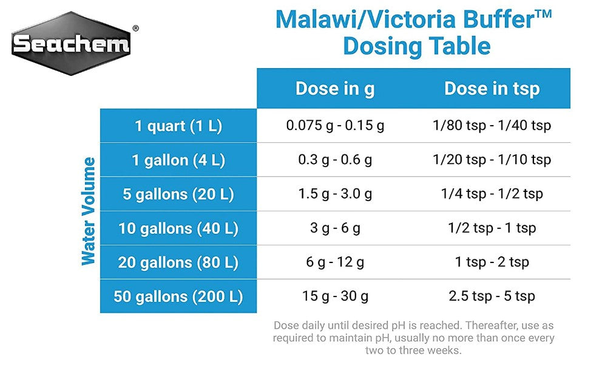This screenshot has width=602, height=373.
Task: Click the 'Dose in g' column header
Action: coord(335,89)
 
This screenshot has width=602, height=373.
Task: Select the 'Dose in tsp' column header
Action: coord(492,89)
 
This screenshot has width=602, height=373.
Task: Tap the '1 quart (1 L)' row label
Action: coord(178,126)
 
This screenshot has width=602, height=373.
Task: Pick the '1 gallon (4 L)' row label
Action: coord(178,160)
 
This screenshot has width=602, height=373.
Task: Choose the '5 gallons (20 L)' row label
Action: coord(178,194)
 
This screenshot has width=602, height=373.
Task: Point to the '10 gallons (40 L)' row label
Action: coord(178,228)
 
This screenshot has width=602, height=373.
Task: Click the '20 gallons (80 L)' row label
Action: coord(178,262)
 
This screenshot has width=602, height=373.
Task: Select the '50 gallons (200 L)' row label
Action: coord(178,296)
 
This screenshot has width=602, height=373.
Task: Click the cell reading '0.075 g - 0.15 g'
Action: coord(335,126)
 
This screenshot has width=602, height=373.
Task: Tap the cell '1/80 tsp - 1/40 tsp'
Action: coord(492,126)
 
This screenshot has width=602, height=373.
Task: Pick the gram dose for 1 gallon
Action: coord(335,160)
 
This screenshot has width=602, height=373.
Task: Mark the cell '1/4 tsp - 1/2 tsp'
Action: coord(492,194)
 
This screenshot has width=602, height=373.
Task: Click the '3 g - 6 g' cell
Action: coord(335,228)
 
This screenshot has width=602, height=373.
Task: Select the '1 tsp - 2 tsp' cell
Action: coord(492,262)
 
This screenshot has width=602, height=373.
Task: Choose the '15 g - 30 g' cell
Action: coord(335,296)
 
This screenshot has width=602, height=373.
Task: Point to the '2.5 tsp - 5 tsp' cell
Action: coord(492,296)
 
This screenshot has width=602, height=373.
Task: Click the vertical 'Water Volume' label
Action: coord(89,211)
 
